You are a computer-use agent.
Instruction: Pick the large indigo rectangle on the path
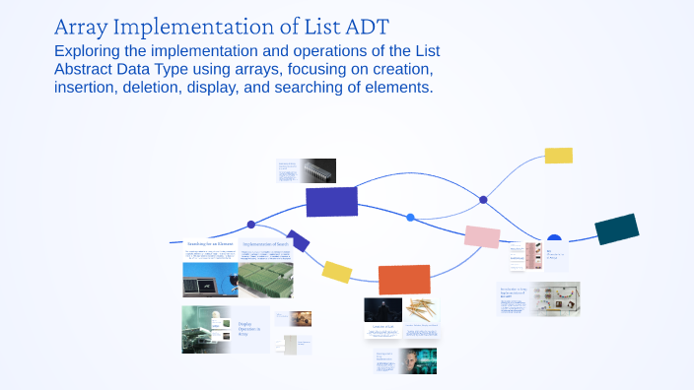coord(331,201)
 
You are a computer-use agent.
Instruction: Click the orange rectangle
coord(404,280)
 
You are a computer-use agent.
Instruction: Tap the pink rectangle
coord(482,236)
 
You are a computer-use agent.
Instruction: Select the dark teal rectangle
coord(616,228)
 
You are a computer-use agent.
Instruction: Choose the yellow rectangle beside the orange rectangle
coord(337,272)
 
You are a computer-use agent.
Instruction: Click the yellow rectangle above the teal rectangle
coord(558,155)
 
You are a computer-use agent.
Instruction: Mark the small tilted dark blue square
coord(298,240)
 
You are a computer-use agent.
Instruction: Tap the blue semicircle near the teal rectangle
coord(554,237)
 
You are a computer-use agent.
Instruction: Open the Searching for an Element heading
coord(208,243)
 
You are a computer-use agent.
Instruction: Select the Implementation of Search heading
coord(266,243)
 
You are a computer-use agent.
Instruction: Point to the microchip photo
coord(317,169)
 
